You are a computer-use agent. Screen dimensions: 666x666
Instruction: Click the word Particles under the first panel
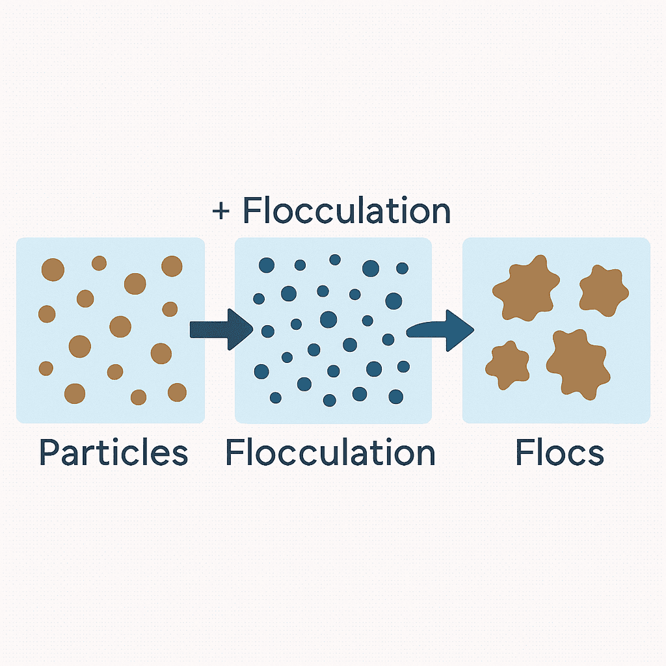point(113,452)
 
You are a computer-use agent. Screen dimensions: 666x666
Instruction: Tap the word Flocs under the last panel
point(559,452)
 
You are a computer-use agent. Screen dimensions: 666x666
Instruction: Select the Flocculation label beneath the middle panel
point(330,452)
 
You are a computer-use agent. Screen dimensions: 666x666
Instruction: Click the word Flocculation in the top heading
point(346,210)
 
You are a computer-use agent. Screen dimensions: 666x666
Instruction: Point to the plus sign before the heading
point(221,211)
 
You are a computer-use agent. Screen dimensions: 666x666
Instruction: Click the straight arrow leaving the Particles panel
point(221,329)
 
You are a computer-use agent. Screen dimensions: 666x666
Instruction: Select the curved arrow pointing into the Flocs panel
point(440,330)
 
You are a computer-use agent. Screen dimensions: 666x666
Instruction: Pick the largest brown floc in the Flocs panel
point(578,364)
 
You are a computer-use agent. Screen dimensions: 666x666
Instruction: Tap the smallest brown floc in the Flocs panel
point(507,365)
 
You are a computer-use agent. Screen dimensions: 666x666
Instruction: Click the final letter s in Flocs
point(596,456)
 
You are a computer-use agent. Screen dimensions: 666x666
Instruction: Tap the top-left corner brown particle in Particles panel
point(53,270)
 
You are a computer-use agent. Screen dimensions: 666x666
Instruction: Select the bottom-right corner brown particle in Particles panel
point(177,392)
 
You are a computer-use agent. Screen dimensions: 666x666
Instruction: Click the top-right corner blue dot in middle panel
point(402,269)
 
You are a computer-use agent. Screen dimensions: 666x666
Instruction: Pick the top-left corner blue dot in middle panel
point(267,265)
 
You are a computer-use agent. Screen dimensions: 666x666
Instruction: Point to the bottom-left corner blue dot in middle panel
point(276,398)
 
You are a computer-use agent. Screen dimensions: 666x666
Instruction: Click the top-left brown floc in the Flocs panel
point(526,288)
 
